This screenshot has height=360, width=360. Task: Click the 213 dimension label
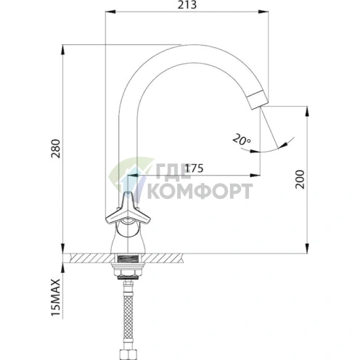click(x=187, y=4)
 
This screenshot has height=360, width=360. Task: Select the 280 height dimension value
click(x=56, y=149)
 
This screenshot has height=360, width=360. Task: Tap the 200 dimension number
click(x=300, y=179)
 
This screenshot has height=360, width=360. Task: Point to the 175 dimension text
click(x=194, y=168)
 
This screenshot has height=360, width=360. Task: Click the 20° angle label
click(x=242, y=139)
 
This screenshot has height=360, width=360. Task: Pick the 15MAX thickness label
click(x=56, y=298)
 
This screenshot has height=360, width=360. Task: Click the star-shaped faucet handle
click(x=128, y=208)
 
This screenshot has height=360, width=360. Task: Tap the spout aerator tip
click(x=258, y=99)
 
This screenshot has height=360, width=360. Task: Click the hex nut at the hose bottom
click(x=128, y=356)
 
